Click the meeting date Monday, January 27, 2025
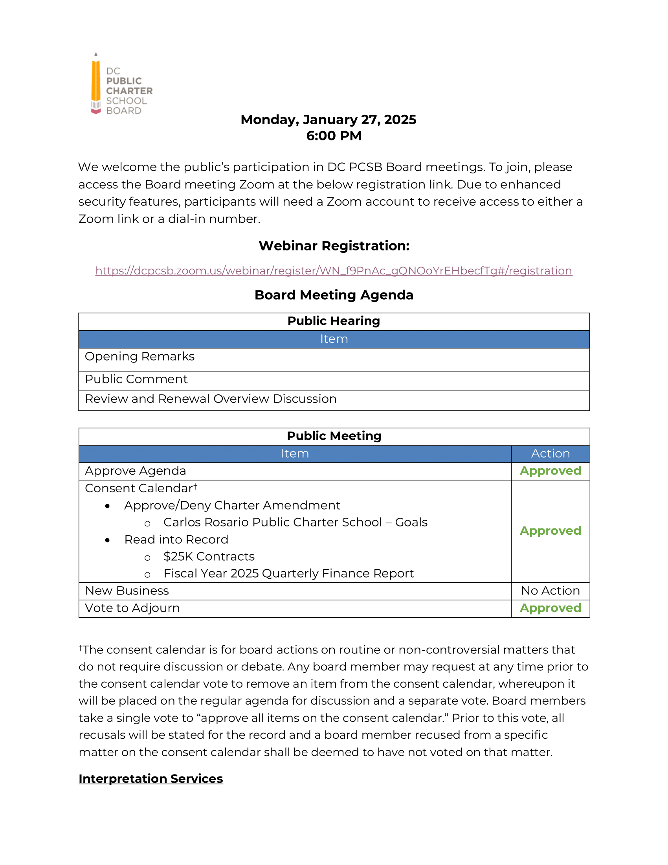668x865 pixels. click(x=328, y=120)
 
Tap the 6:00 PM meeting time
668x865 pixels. click(x=334, y=136)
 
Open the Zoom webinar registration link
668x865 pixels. click(x=334, y=271)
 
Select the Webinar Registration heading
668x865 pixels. click(x=334, y=246)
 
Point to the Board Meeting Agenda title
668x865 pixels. click(x=334, y=295)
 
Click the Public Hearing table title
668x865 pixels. click(x=334, y=321)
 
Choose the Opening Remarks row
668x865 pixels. click(x=140, y=357)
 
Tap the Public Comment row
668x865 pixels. click(x=136, y=379)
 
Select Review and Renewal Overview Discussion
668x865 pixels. click(x=211, y=399)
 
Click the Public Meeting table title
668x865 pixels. click(x=334, y=436)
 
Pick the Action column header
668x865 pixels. click(x=550, y=453)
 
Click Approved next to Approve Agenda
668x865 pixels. click(x=550, y=471)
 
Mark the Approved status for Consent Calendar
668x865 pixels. click(x=550, y=531)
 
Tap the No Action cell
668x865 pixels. click(x=550, y=591)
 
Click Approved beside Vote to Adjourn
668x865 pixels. click(x=550, y=608)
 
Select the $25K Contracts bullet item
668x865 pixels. click(x=209, y=557)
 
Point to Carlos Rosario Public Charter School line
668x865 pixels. click(x=295, y=523)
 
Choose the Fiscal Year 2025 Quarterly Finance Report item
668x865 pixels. click(x=288, y=574)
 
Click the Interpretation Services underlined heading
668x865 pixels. click(x=151, y=778)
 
